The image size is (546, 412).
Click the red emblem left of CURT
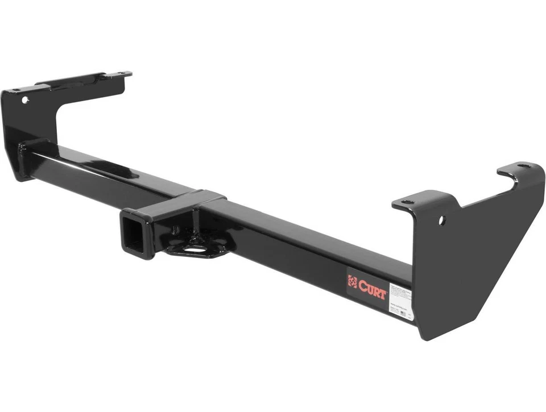pos(353,281)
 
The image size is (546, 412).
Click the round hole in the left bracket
pos(25,99)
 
